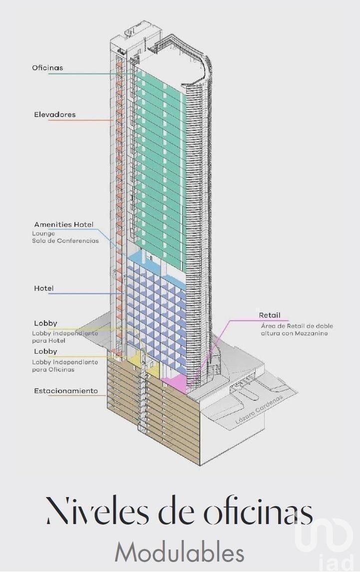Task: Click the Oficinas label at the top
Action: coord(47,67)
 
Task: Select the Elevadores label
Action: coord(55,114)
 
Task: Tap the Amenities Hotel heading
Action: coord(64,224)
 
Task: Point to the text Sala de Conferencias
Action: coord(65,241)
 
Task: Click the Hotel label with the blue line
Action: coord(43,288)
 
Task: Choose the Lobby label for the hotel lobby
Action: coord(45,323)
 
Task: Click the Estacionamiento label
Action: coord(66,391)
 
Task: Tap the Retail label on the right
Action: coord(269,315)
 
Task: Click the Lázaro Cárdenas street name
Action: coord(259,410)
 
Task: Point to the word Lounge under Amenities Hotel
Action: coord(43,234)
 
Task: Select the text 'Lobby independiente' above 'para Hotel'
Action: coord(65,334)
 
